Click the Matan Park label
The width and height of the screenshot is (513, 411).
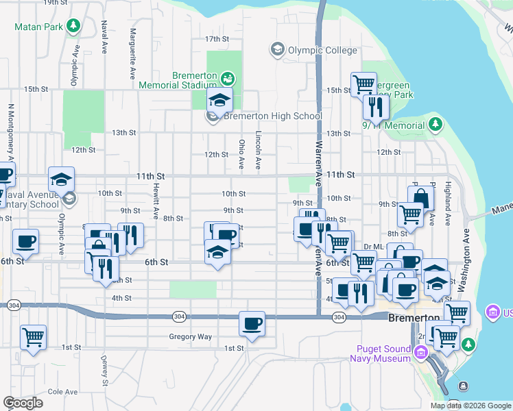pyautogui.click(x=38, y=27)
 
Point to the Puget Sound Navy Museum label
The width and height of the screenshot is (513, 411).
pyautogui.click(x=380, y=353)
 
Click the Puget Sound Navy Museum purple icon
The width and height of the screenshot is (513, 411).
pyautogui.click(x=420, y=352)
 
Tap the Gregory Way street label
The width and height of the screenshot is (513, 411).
pyautogui.click(x=191, y=336)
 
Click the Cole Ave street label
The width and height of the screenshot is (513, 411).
pyautogui.click(x=62, y=392)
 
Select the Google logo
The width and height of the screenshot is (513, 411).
pyautogui.click(x=23, y=403)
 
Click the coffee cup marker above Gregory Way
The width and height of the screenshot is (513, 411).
pyautogui.click(x=252, y=323)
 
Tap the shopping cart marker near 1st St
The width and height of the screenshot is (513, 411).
pyautogui.click(x=33, y=337)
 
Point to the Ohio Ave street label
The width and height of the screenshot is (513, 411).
pyautogui.click(x=241, y=155)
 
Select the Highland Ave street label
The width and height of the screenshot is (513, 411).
pyautogui.click(x=447, y=203)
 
